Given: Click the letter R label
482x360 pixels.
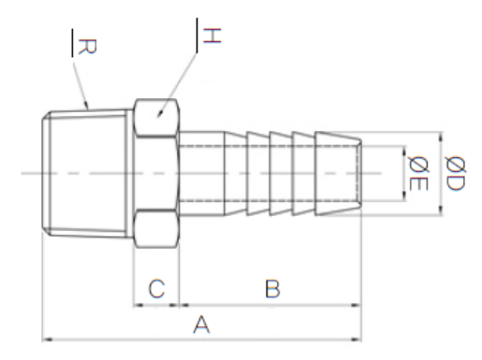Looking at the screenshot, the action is tap(87, 47).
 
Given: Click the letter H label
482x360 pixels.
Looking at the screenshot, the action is tap(212, 36).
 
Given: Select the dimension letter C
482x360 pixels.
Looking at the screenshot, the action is tap(156, 289).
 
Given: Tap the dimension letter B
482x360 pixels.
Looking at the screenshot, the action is tap(272, 289).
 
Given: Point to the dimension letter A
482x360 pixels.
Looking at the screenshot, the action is tap(201, 324).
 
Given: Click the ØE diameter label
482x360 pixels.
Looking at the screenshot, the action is tap(418, 173).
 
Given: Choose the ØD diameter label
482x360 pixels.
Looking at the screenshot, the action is tap(456, 173).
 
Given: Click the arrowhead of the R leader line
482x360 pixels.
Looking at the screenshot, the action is tap(86, 106).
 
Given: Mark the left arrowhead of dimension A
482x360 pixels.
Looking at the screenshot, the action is tap(47, 339).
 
